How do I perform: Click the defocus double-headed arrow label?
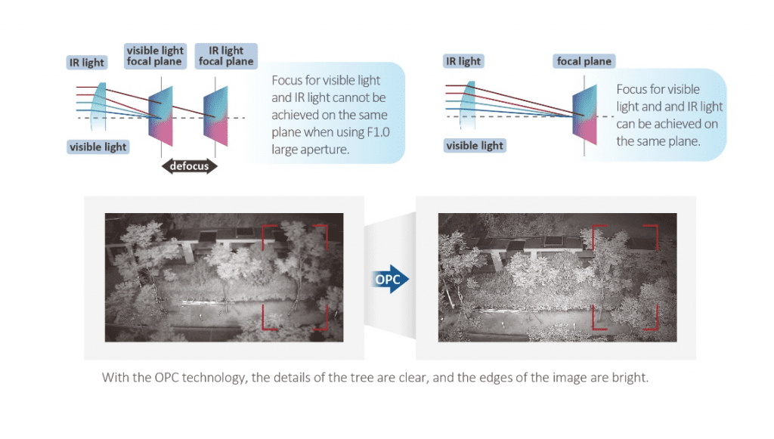point(188,165)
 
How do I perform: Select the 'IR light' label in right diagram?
point(463,61)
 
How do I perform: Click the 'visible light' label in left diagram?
point(98,147)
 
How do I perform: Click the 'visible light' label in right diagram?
point(475,145)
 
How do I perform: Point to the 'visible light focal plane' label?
point(154,56)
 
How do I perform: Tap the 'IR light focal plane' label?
point(226,56)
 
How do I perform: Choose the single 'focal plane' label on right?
point(584,61)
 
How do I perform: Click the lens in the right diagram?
point(469,105)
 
